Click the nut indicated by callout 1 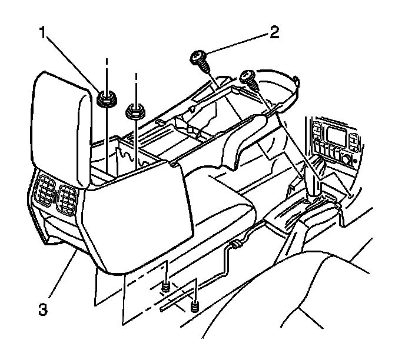106,99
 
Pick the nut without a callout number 136,110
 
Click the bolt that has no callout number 248,77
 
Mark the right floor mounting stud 195,306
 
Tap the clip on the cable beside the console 236,242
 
